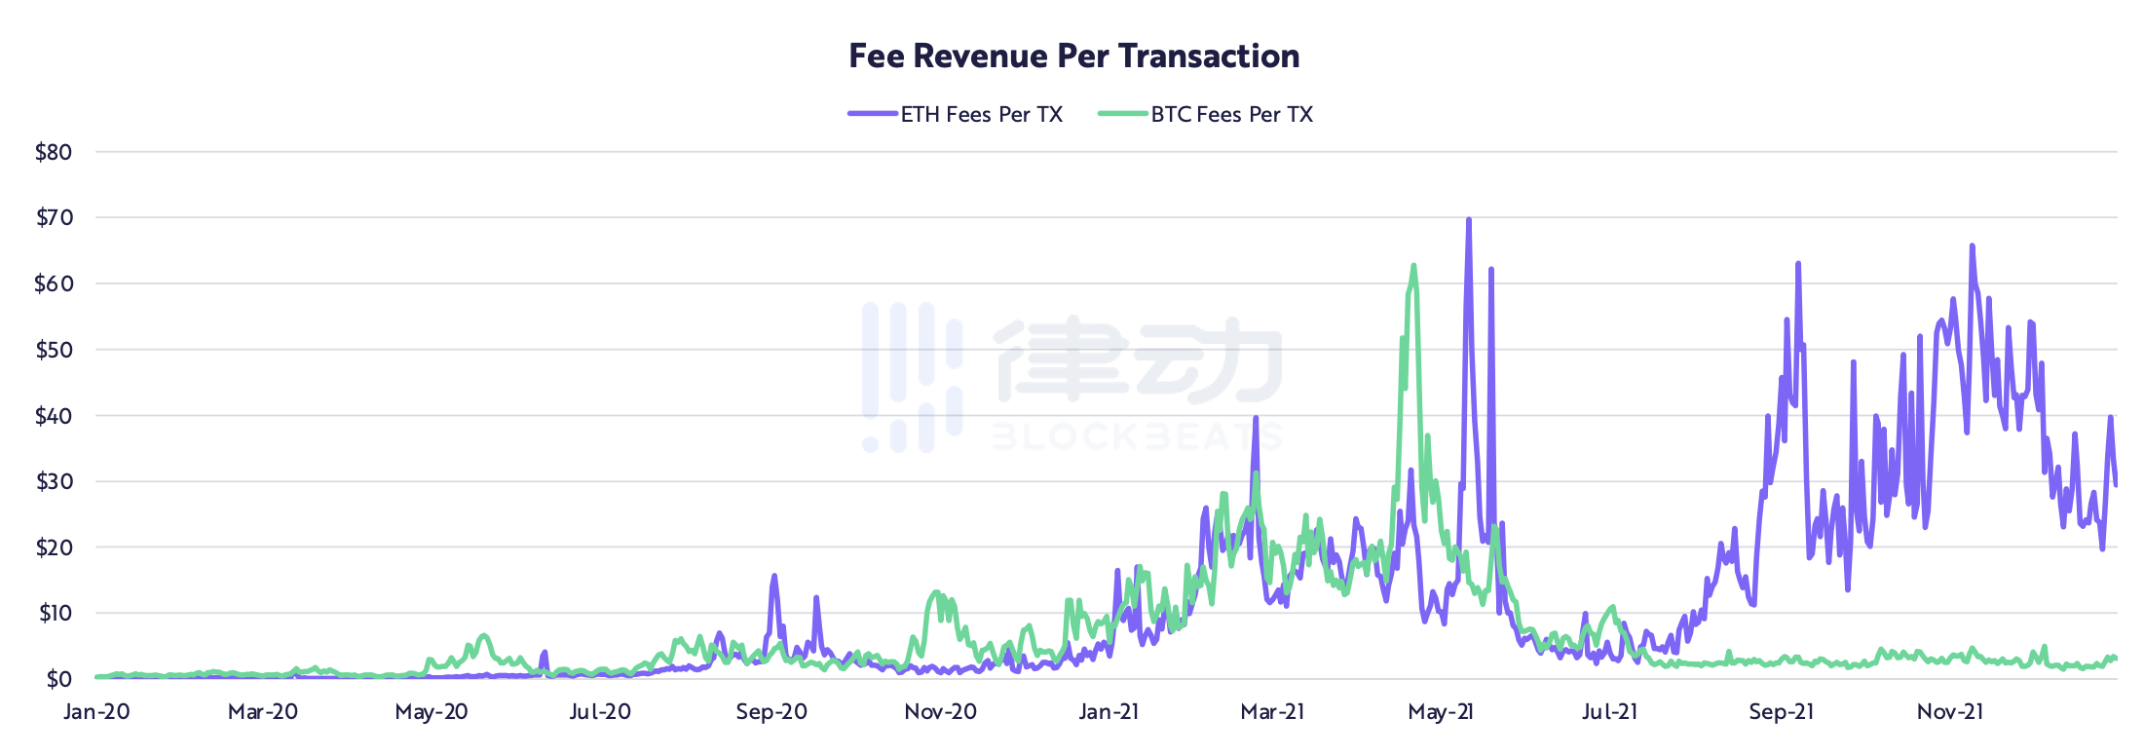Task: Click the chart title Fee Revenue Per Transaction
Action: tap(1073, 57)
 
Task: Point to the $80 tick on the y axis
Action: tap(54, 152)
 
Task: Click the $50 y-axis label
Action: tap(54, 350)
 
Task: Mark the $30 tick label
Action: tap(54, 481)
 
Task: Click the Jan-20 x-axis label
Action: tap(96, 712)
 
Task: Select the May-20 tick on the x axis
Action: tap(432, 712)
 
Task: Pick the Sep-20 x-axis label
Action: tap(771, 712)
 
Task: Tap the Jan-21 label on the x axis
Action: tap(1109, 712)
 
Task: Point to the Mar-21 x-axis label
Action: tap(1272, 712)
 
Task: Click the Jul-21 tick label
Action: tap(1609, 712)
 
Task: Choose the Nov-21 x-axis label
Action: tap(1950, 712)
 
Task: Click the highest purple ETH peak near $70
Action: tap(1469, 220)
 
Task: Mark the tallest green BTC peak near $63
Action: tap(1413, 266)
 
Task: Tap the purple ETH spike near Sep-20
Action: tap(774, 577)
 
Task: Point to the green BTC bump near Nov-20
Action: tap(937, 592)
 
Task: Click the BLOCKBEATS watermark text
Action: tap(1136, 436)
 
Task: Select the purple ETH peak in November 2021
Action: tap(1973, 246)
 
